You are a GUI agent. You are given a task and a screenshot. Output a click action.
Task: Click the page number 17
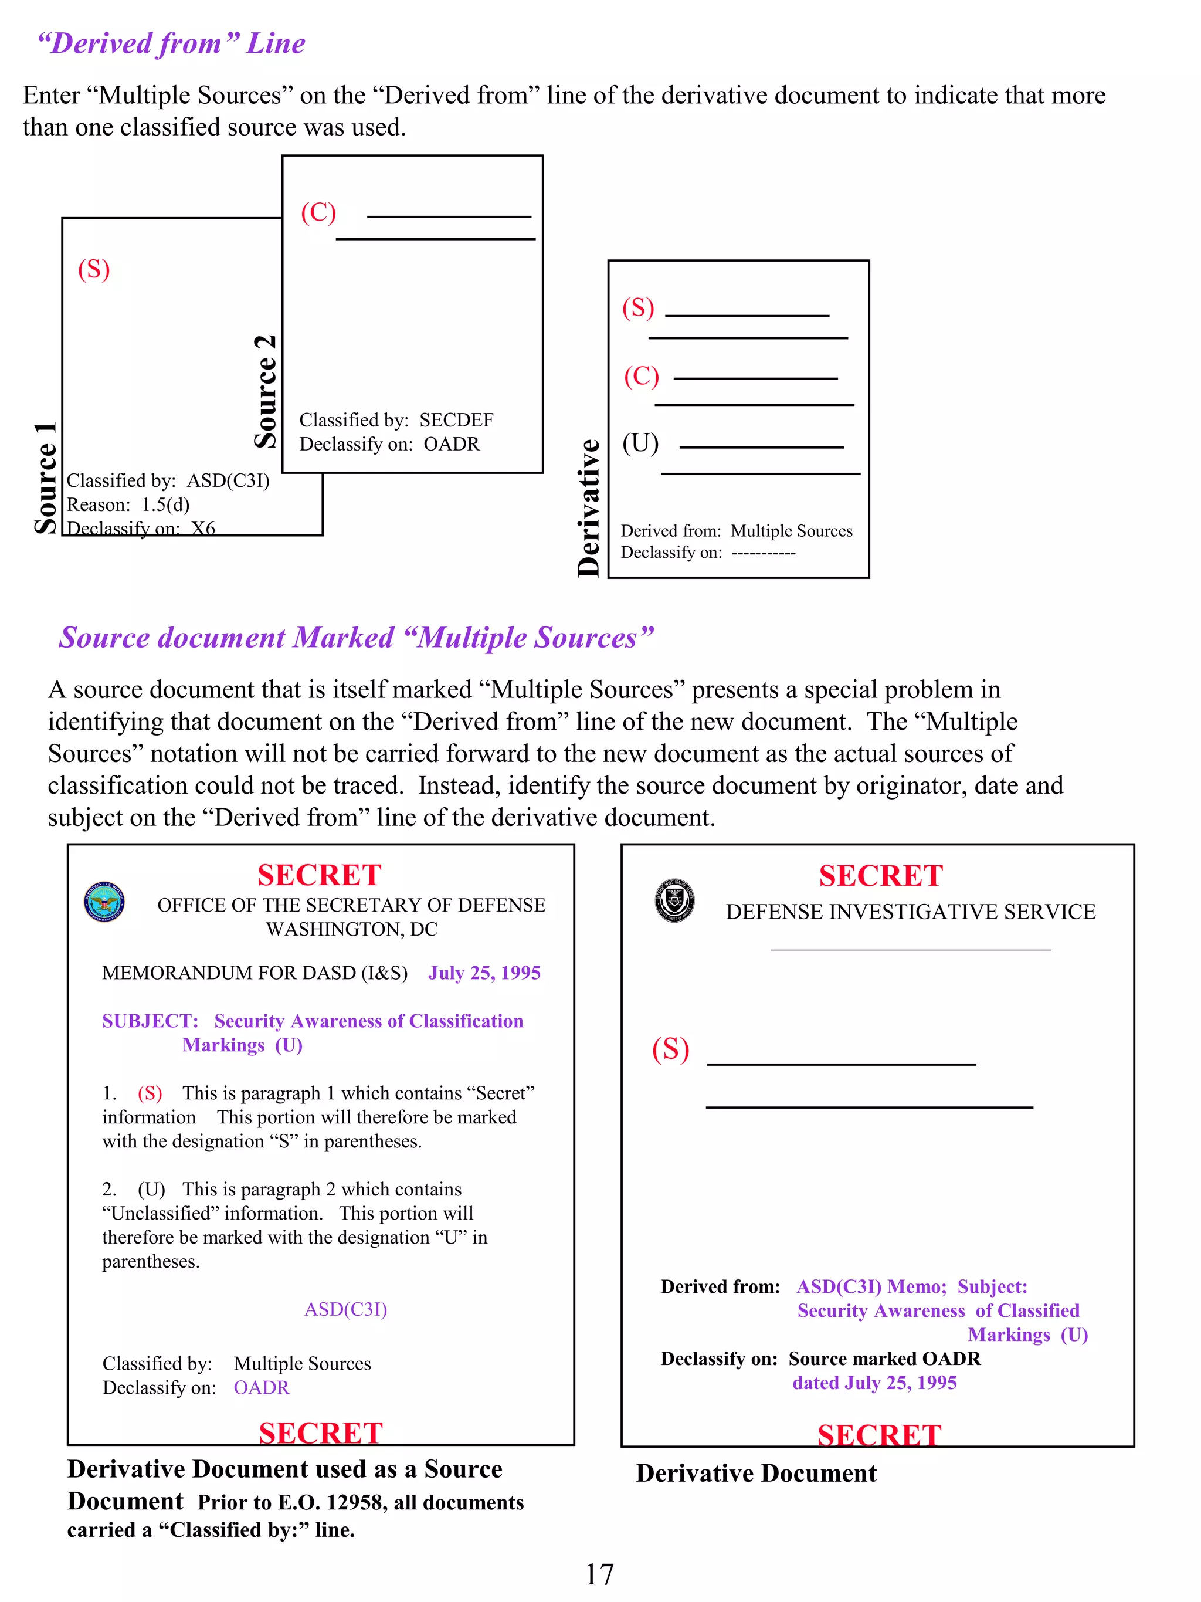[x=599, y=1574]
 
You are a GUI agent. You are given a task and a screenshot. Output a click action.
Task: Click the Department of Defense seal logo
[x=104, y=902]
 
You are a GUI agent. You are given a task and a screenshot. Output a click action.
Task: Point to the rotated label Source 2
[x=266, y=391]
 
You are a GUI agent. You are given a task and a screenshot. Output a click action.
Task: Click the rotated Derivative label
[x=589, y=507]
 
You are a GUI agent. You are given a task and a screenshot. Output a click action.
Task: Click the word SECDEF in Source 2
[x=456, y=420]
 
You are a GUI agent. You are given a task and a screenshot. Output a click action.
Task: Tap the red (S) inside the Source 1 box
[x=94, y=269]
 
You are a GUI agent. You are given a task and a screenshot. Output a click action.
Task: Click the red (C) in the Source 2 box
[x=318, y=212]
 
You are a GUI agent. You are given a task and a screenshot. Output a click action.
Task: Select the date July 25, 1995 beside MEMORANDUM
[x=484, y=973]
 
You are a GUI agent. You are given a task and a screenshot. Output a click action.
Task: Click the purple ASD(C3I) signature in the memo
[x=345, y=1309]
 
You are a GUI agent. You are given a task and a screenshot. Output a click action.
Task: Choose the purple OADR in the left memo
[x=262, y=1387]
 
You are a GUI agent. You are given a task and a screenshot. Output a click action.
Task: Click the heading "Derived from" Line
[x=172, y=43]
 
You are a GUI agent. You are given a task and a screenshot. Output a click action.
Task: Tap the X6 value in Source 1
[x=203, y=528]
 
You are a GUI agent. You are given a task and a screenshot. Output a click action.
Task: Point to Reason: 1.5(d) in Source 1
[x=128, y=504]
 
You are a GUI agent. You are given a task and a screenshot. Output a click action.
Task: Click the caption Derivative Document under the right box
[x=756, y=1473]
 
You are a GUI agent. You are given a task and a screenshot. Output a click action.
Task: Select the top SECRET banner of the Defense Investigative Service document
[x=880, y=876]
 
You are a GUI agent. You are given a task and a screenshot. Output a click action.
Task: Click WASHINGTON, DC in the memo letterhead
[x=351, y=929]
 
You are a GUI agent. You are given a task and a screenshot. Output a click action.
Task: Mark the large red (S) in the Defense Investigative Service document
[x=670, y=1049]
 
